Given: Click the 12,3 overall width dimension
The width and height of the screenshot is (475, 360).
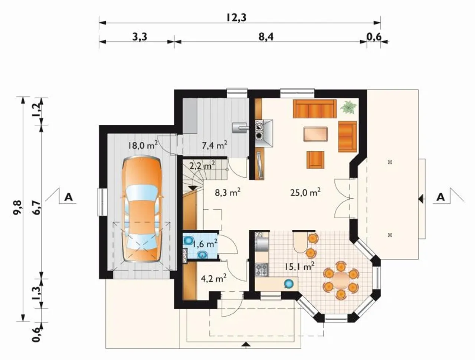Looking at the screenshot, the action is click(236, 18).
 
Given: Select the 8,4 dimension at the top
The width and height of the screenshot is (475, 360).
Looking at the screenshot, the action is click(266, 37).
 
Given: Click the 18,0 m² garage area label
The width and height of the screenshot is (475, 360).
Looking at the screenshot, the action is click(142, 145).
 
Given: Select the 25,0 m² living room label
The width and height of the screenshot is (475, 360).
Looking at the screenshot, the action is click(305, 192).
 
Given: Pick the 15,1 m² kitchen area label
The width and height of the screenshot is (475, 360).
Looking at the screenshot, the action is click(299, 267).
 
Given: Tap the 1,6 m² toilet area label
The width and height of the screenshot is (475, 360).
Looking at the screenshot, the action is click(205, 245).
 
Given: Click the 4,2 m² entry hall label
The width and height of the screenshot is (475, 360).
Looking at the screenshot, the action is click(214, 278).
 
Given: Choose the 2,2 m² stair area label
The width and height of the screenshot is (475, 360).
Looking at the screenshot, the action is click(202, 166).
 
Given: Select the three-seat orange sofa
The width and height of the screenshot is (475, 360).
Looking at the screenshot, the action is click(315, 109).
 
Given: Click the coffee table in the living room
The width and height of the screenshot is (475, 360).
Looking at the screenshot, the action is click(315, 134).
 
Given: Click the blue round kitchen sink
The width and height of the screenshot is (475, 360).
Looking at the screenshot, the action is click(289, 284).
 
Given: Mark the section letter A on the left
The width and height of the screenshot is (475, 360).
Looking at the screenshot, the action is click(69, 197).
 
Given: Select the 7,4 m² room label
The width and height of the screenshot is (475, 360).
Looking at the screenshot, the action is click(214, 145).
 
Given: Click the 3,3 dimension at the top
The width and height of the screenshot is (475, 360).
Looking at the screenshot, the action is click(140, 37).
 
